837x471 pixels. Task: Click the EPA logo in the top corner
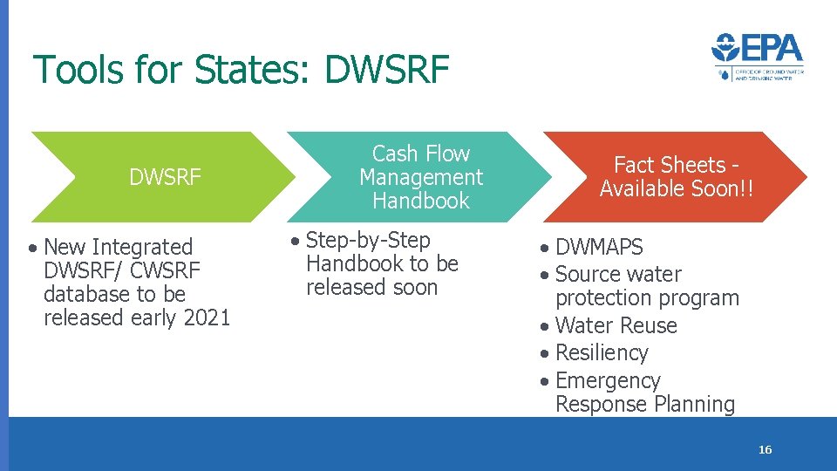(x=757, y=57)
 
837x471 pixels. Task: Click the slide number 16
(x=765, y=450)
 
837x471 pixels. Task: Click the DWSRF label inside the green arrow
(x=165, y=178)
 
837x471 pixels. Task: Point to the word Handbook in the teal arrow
(x=421, y=201)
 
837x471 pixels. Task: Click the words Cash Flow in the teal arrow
(x=421, y=154)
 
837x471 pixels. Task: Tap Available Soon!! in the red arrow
(x=676, y=189)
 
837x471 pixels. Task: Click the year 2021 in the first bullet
(x=206, y=317)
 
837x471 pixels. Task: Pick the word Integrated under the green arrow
(x=142, y=248)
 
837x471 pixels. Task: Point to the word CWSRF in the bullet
(x=165, y=271)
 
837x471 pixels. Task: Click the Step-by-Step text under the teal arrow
(x=369, y=240)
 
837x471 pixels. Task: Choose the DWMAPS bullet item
(x=599, y=248)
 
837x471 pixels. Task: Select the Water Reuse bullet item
(x=616, y=325)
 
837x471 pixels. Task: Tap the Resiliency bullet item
(x=602, y=353)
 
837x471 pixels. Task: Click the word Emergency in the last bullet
(x=608, y=381)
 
